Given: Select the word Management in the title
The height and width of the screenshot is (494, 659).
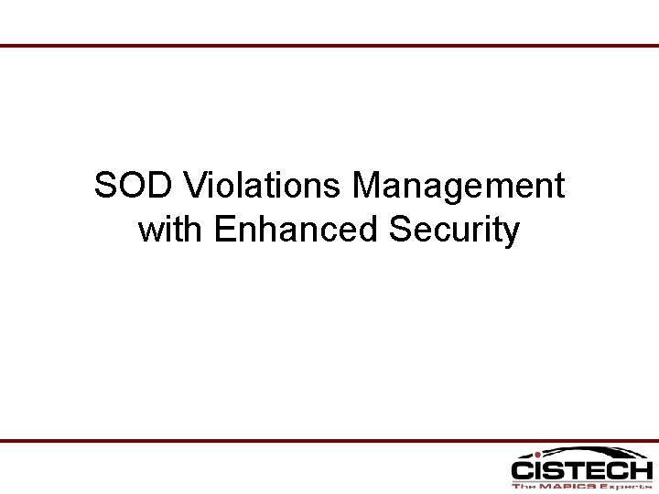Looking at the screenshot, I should coord(459,187).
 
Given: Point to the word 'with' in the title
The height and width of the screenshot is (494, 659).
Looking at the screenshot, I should coord(171,230).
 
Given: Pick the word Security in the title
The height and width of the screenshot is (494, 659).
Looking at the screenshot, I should coord(454,230).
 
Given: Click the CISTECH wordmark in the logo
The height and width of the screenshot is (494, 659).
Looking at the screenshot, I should coord(581,471).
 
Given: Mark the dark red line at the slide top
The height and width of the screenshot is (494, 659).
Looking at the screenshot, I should coord(329,45).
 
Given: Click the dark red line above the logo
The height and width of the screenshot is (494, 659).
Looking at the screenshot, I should coord(329,441).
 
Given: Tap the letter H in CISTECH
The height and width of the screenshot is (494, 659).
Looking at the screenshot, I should coord(640,471).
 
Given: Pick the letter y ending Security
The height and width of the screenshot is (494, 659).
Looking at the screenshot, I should coord(511,233).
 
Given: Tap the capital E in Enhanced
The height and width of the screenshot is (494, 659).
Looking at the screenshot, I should coord(224,230).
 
